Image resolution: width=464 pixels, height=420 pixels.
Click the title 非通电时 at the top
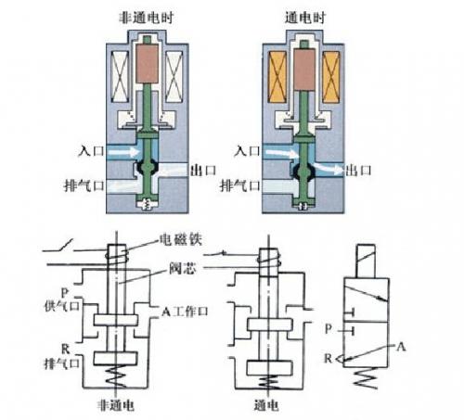pos(147,18)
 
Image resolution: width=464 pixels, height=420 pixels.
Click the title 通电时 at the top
pos(305,18)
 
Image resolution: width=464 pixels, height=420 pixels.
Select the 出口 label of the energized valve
pos(358,171)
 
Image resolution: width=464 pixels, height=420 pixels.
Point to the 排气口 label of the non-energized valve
pos(84,185)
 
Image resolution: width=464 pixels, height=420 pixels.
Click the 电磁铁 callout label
pos(181,240)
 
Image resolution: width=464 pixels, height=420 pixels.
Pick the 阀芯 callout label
pos(183,268)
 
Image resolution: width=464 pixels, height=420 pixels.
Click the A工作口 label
pos(185,312)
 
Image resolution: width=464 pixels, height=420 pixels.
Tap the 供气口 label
pos(62,306)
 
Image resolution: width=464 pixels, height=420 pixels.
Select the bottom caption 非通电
pos(116,405)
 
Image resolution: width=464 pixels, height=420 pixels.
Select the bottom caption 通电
pos(266,405)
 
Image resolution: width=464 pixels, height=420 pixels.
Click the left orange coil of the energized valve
pos(277,77)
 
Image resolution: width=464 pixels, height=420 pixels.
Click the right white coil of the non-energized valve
pos(174,76)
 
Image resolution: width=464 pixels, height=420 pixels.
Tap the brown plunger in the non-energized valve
pos(148,63)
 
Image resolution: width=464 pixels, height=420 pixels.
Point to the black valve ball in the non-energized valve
pos(148,168)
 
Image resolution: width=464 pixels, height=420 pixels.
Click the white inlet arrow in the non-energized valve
pos(123,152)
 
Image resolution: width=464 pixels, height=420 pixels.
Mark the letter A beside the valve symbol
pos(401,347)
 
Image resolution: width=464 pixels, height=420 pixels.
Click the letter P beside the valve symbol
pos(329,328)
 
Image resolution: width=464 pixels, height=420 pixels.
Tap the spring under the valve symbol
pos(366,377)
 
